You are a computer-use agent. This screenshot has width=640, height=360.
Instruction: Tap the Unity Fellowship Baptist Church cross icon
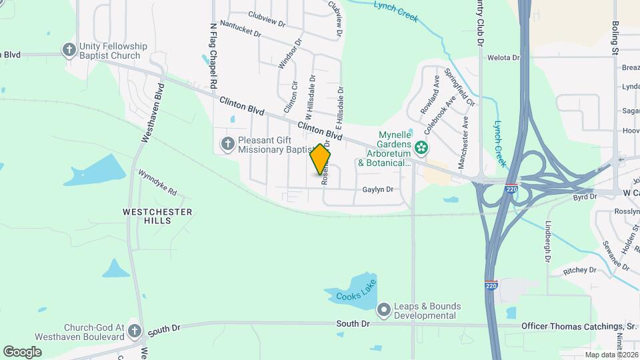(69, 50)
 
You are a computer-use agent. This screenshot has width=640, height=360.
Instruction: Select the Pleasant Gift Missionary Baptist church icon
(227, 143)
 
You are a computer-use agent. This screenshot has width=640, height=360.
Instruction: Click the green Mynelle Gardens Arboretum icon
(421, 147)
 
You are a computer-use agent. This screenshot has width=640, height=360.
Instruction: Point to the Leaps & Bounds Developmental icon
(383, 310)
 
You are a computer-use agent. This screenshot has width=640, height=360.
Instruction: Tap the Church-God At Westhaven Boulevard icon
(135, 331)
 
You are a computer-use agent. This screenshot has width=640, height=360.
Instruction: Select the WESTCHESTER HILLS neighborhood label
(157, 216)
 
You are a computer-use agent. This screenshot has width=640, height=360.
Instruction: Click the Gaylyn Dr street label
(378, 189)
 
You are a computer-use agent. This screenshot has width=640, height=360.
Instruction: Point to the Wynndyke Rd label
(157, 182)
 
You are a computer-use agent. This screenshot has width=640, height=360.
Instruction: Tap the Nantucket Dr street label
(240, 29)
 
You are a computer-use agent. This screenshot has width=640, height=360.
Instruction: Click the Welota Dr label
(503, 58)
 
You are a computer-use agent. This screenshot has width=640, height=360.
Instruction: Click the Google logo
(22, 351)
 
